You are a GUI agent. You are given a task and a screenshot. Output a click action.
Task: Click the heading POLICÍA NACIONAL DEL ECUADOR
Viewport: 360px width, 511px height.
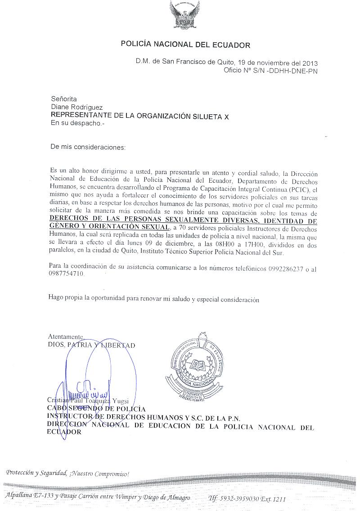pos(185,45)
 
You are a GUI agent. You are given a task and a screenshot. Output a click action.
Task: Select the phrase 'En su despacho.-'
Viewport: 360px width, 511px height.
pos(77,123)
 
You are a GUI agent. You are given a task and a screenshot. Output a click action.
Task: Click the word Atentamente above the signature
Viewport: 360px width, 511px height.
pos(66,336)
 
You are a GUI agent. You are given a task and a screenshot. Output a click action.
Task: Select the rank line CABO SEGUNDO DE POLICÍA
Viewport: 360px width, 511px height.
pos(96,408)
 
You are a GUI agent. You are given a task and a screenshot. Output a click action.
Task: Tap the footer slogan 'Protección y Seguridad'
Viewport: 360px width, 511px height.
pos(37,473)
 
